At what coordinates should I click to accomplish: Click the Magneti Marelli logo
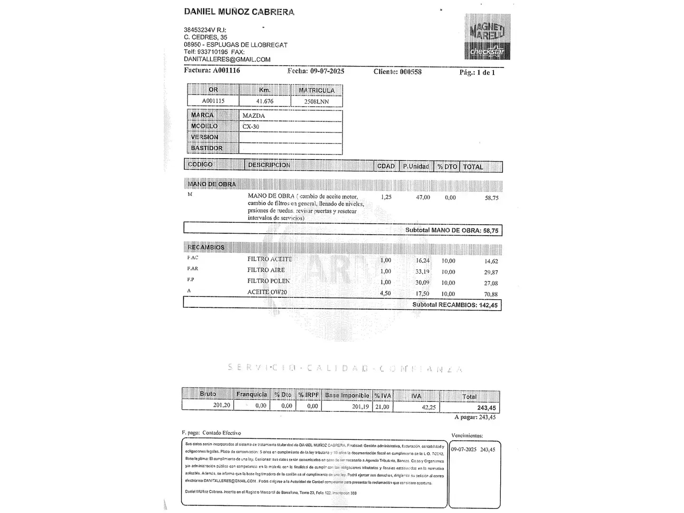487,37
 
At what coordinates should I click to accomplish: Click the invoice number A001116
226,70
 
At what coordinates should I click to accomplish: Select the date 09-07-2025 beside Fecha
327,71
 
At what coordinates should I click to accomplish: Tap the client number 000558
410,72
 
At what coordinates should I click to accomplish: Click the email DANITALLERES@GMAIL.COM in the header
227,59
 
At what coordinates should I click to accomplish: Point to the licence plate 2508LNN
316,102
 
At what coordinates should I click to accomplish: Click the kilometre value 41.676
265,101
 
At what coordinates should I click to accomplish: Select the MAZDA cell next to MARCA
254,115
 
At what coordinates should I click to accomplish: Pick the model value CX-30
251,127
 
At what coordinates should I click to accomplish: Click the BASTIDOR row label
207,148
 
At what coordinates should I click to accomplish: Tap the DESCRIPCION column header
269,165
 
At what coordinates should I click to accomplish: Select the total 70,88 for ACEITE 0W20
491,294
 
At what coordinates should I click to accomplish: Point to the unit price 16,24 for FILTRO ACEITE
422,260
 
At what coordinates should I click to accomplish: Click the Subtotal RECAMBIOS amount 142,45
488,305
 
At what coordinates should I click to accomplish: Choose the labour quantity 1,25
386,197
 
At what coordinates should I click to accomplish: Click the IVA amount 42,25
428,407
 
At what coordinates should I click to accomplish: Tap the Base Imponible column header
347,395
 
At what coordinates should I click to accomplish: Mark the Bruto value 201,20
221,405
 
